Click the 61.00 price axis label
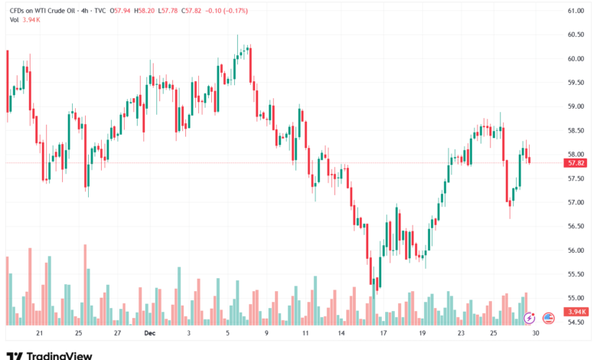tap(576, 11)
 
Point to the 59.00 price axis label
tap(576, 106)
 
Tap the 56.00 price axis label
tap(576, 250)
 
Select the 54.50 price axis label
tap(576, 322)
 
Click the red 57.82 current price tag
tap(576, 163)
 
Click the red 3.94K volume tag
tap(576, 312)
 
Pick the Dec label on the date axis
tap(150, 334)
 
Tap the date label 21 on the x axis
tap(39, 334)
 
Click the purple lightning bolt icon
tap(529, 317)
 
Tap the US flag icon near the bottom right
tap(548, 317)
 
